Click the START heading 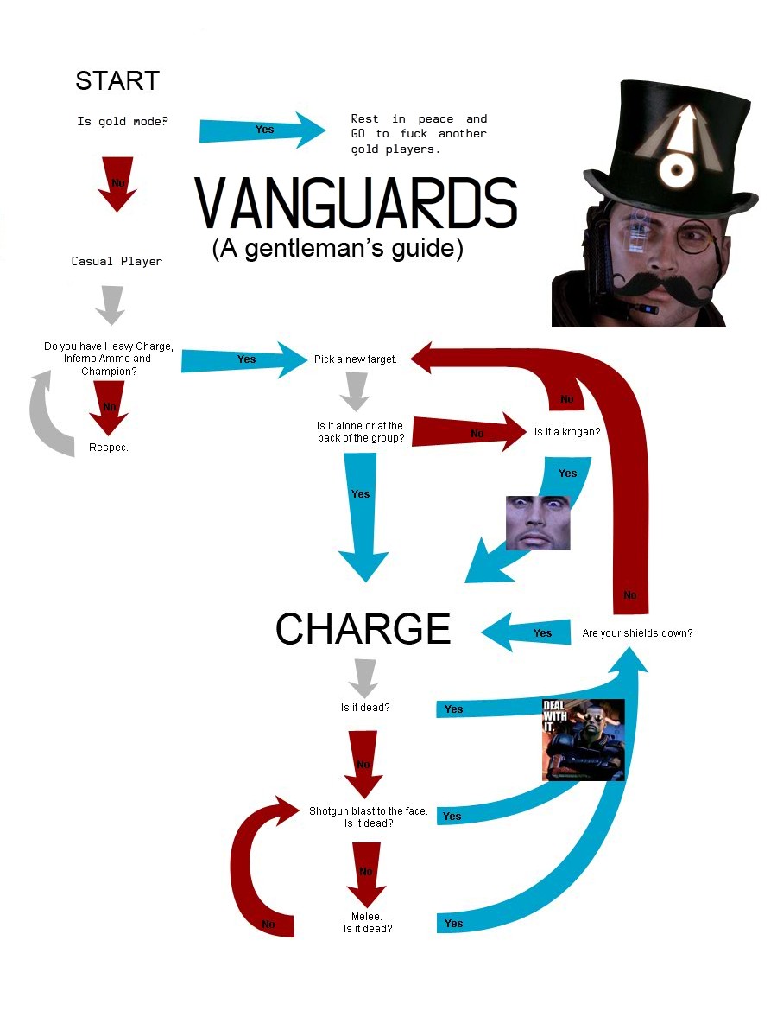coord(117,81)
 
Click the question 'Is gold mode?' coord(123,122)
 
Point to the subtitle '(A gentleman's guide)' coord(338,249)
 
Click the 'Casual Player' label coord(117,261)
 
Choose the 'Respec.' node coord(109,448)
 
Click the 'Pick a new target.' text coord(356,359)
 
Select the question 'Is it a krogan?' coord(566,431)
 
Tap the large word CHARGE coord(363,630)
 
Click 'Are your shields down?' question coord(637,633)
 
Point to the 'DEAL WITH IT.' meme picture coord(583,740)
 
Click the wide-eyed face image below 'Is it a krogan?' coord(537,522)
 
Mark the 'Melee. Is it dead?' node coord(368,922)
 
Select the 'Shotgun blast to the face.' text coord(369,811)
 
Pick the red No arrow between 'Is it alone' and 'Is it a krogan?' coord(471,433)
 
